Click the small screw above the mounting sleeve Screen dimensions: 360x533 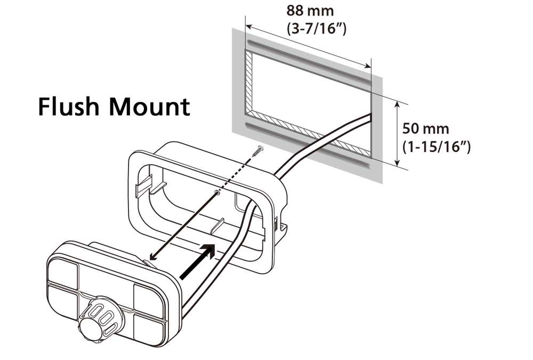(x=258, y=152)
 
